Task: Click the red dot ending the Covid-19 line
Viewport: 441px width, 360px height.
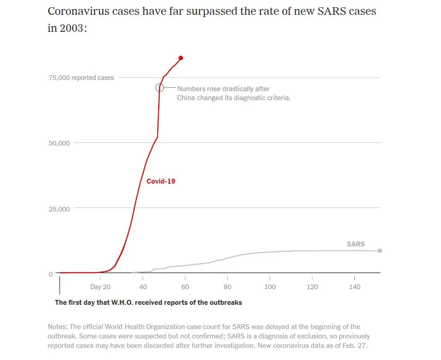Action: point(181,58)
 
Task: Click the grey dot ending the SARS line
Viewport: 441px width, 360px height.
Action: point(379,250)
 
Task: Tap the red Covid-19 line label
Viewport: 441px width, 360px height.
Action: point(161,181)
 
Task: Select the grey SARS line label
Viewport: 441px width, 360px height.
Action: point(356,244)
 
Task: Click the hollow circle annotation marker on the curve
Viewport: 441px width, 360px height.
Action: point(159,88)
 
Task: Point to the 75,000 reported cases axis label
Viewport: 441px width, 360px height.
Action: point(81,78)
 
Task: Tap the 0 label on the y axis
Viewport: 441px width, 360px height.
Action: point(51,274)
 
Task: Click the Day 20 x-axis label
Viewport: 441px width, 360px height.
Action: point(100,287)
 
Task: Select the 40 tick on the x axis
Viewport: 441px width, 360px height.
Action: point(143,287)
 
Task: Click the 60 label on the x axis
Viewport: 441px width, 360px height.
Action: point(185,287)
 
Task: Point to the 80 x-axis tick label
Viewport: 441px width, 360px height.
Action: point(227,287)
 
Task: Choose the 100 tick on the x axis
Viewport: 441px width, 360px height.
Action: point(270,287)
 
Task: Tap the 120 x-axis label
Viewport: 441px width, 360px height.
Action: point(312,287)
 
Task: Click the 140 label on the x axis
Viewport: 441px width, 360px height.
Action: point(355,287)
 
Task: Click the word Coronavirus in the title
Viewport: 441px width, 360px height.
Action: point(78,11)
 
